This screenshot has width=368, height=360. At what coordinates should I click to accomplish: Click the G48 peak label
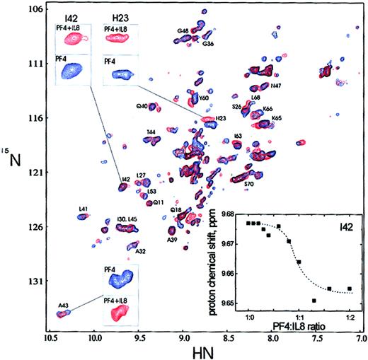(x=183, y=33)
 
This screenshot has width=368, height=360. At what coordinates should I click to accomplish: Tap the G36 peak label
(x=208, y=44)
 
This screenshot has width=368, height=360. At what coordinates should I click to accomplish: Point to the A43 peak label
(x=65, y=305)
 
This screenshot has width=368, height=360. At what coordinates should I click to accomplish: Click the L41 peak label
(x=84, y=209)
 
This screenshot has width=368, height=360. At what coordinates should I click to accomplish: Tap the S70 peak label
(x=248, y=184)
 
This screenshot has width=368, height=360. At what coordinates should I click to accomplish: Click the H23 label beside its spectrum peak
(x=221, y=118)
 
